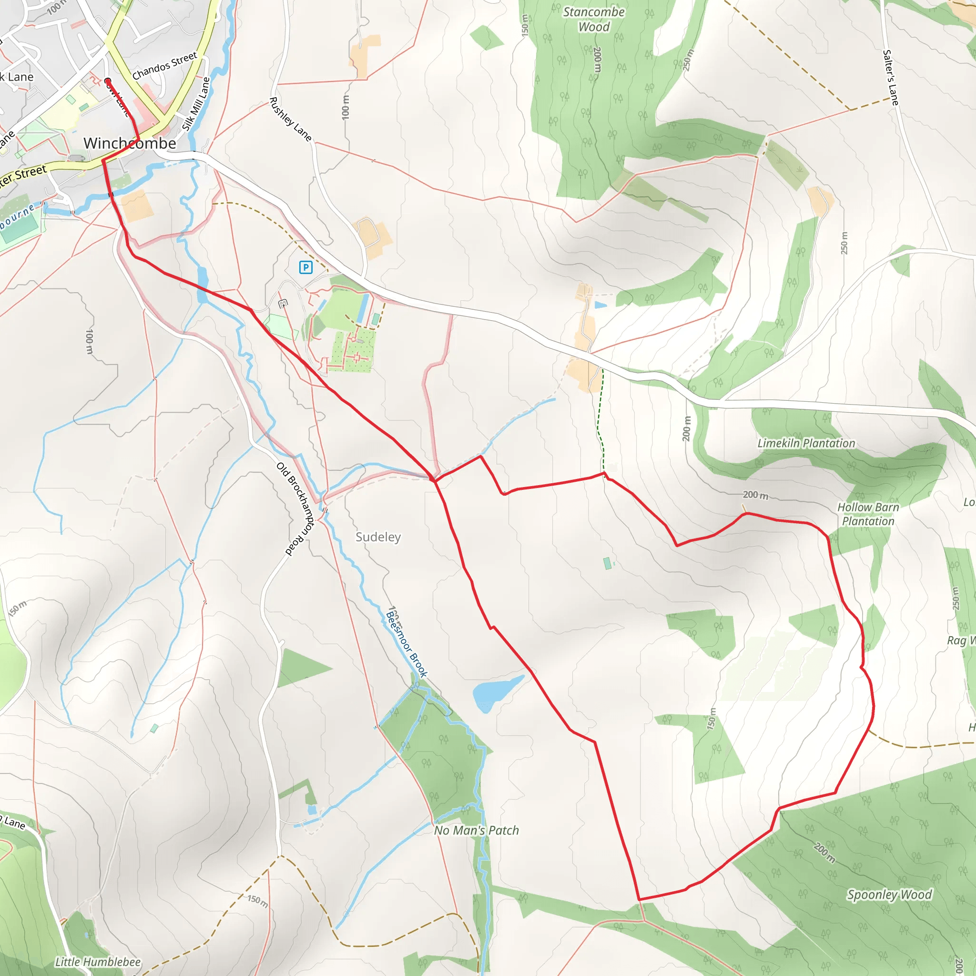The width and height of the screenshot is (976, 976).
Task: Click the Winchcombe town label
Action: [x=130, y=143]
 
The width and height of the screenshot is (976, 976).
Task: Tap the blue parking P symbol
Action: [x=305, y=267]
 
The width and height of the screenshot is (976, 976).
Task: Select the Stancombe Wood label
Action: [x=594, y=19]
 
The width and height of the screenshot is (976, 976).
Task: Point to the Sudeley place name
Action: [x=378, y=537]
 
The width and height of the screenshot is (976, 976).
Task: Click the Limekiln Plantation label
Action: [x=806, y=444]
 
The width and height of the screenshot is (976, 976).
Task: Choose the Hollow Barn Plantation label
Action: [x=868, y=514]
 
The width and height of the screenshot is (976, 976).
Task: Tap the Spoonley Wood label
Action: [x=889, y=895]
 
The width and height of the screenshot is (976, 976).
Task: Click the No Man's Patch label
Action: [x=477, y=831]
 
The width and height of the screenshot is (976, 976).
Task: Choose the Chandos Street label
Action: [x=165, y=66]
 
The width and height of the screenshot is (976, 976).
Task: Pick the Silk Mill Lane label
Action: [x=196, y=104]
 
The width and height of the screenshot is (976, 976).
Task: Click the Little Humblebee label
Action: [x=98, y=962]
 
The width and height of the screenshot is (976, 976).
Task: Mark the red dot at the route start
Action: [x=108, y=81]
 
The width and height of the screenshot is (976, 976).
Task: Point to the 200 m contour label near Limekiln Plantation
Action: [x=755, y=495]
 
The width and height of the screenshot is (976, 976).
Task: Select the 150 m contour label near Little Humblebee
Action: [x=258, y=900]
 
